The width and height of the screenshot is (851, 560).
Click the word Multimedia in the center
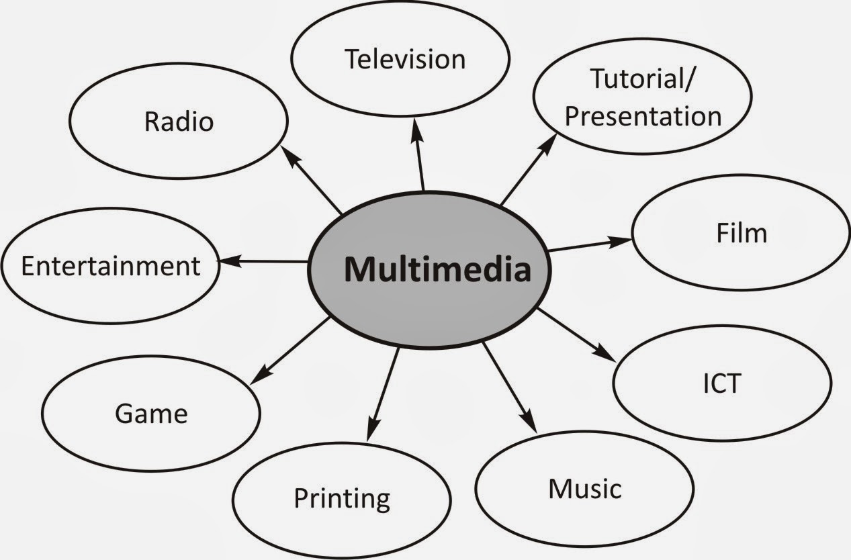pyautogui.click(x=437, y=270)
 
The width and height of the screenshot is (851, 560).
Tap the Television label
pyautogui.click(x=405, y=59)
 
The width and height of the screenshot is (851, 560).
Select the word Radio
pyautogui.click(x=179, y=122)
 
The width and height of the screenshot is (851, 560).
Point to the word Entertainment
pyautogui.click(x=111, y=266)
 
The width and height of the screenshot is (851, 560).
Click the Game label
pyautogui.click(x=151, y=413)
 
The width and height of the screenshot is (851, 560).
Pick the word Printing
pyautogui.click(x=342, y=499)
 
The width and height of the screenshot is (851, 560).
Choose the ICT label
pyautogui.click(x=721, y=383)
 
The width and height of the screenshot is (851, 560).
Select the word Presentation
pyautogui.click(x=643, y=116)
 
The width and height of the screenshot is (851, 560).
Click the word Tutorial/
pyautogui.click(x=644, y=79)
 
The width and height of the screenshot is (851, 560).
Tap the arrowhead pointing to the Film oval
pyautogui.click(x=622, y=240)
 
